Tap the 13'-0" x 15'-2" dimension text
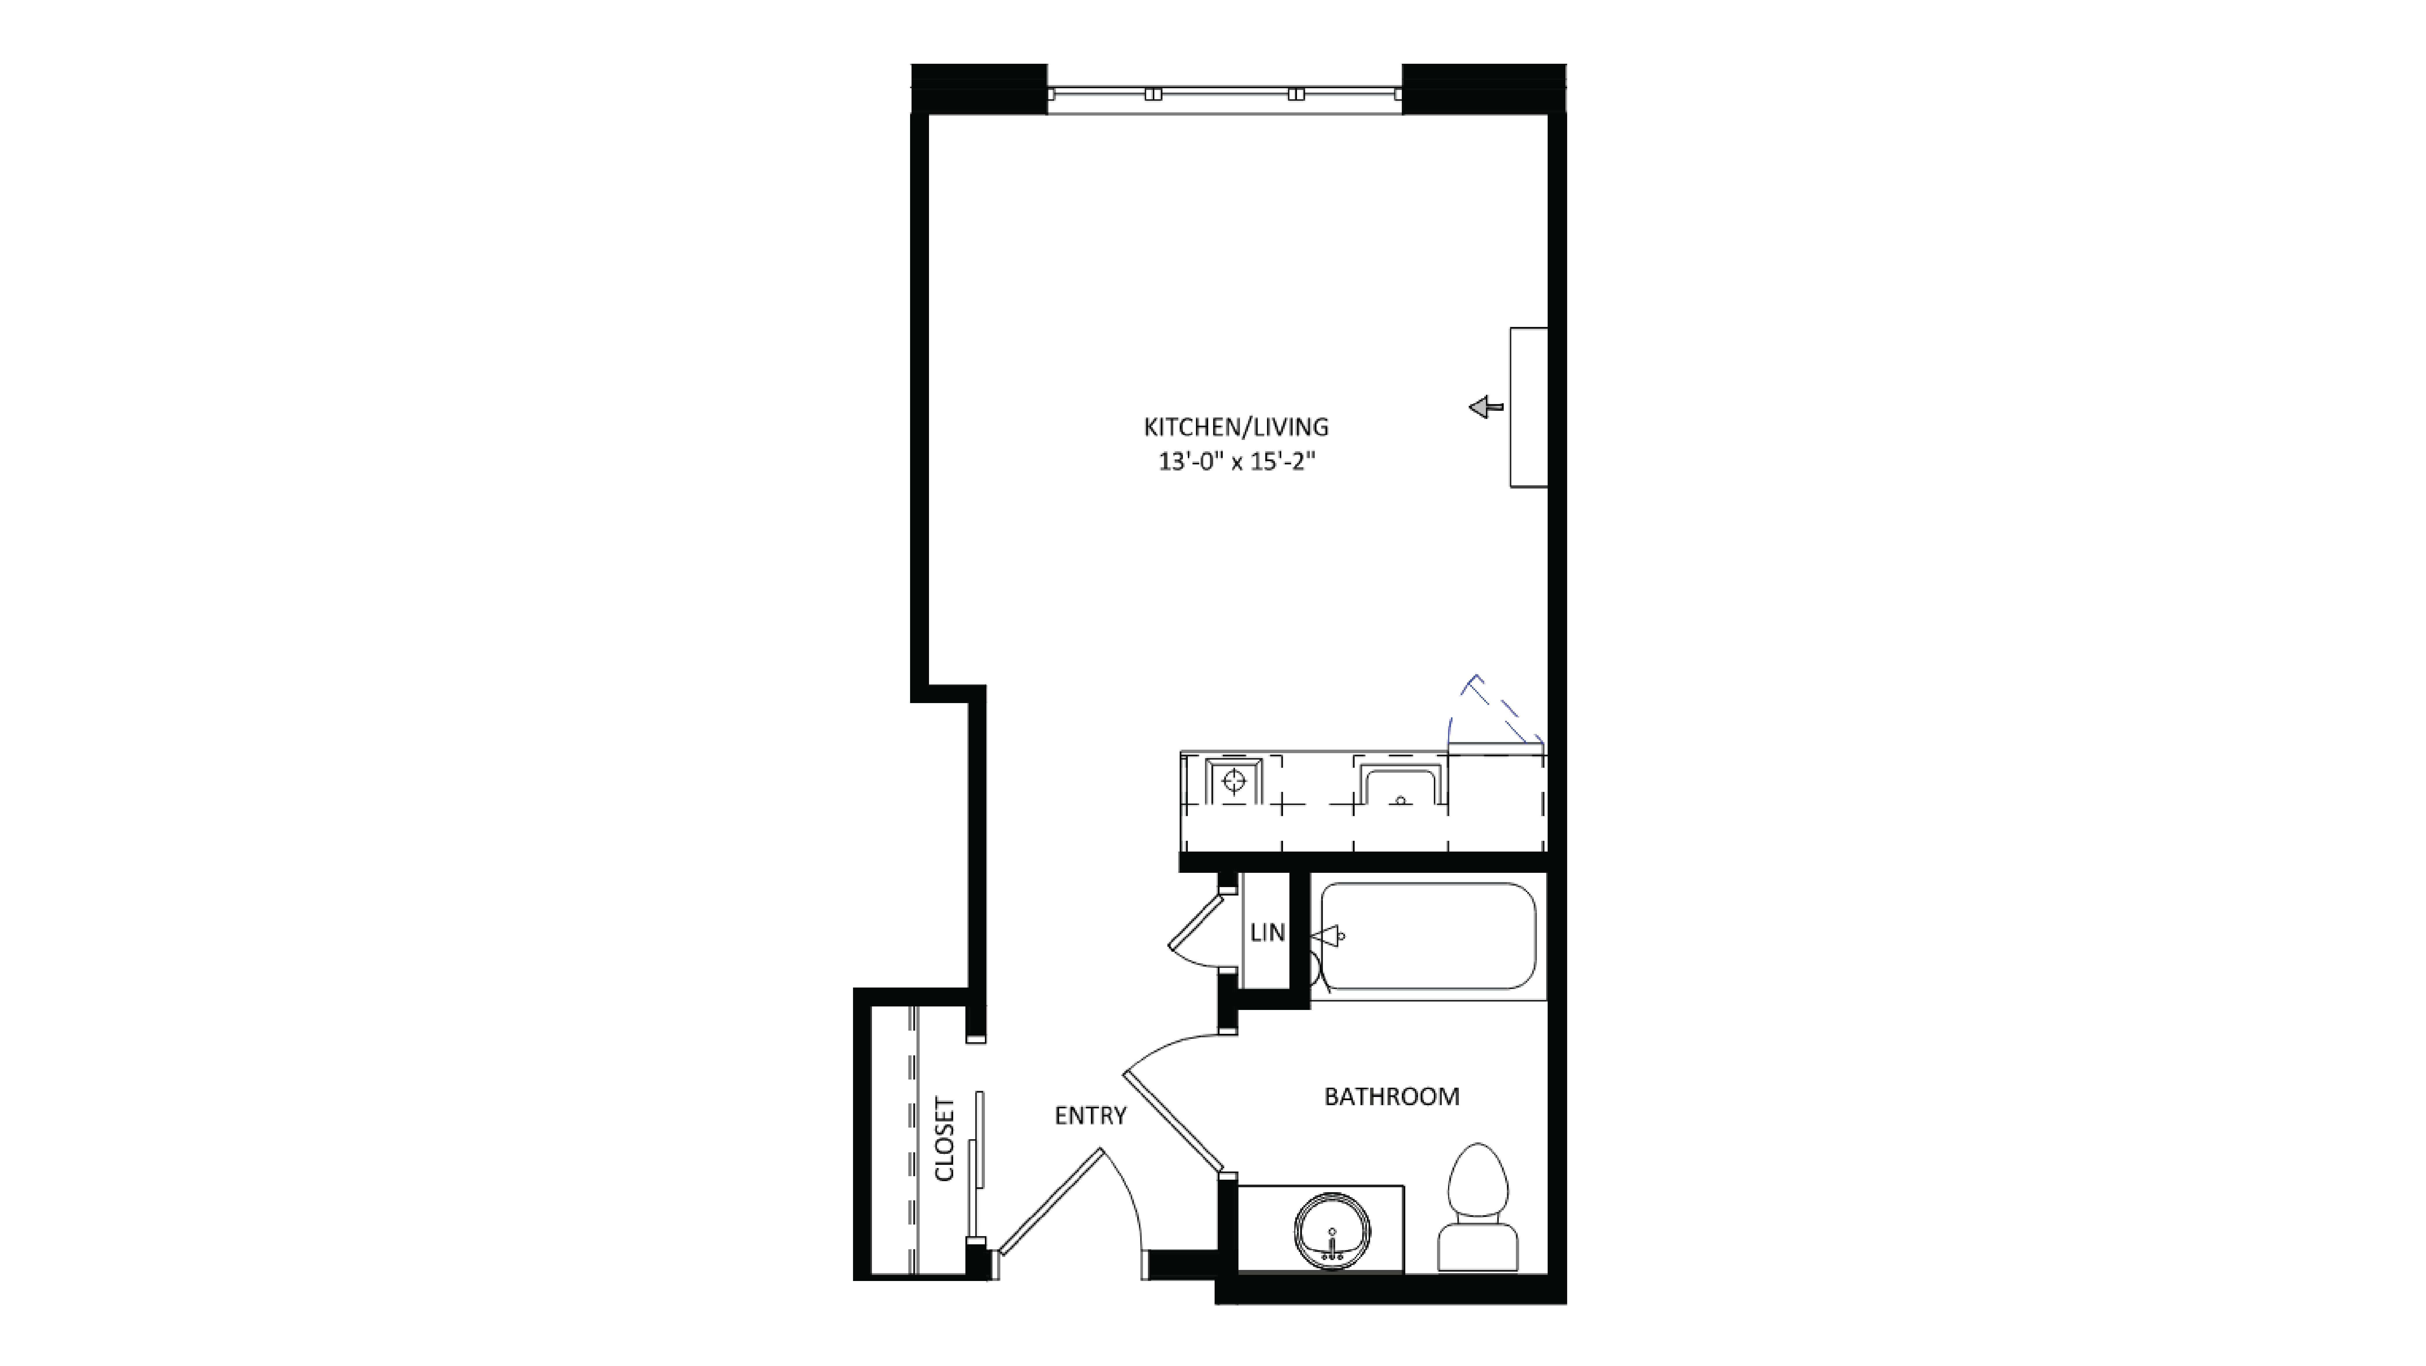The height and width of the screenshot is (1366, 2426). point(1236,462)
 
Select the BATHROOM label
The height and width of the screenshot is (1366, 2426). point(1391,1097)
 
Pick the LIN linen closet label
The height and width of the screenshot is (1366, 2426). point(1267,933)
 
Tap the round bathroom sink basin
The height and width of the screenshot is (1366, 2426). point(1332,1231)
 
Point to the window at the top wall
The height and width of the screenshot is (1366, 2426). point(1224,94)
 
